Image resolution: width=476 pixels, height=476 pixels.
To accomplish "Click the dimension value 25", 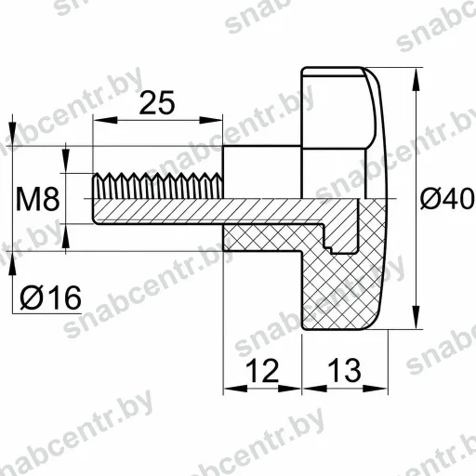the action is (157, 102).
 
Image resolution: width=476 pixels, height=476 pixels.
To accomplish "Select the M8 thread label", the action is (37, 199).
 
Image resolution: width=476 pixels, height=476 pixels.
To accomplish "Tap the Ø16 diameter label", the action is (50, 297).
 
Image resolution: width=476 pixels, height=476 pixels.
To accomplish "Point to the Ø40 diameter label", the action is (447, 198).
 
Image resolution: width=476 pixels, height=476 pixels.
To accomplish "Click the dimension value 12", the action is (262, 371).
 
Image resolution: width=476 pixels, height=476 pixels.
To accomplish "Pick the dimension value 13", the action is (344, 370).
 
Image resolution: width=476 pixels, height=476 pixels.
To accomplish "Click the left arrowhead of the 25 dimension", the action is (105, 120).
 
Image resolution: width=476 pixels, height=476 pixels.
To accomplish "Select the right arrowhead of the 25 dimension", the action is (211, 120).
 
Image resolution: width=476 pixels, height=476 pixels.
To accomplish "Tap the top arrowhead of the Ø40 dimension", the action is (416, 79).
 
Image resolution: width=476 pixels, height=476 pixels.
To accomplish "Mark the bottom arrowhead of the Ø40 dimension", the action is (416, 317).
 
